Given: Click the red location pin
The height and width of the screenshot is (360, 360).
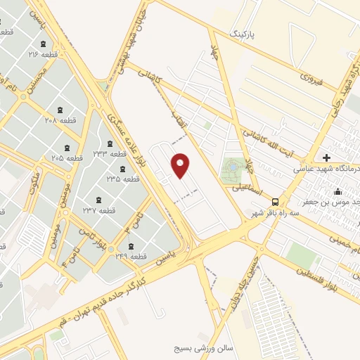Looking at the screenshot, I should (181, 165).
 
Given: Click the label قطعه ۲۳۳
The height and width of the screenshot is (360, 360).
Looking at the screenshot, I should (109, 153).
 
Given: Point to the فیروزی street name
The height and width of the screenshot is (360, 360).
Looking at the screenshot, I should (309, 79).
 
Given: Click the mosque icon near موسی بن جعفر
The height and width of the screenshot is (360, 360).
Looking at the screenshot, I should (337, 191).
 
